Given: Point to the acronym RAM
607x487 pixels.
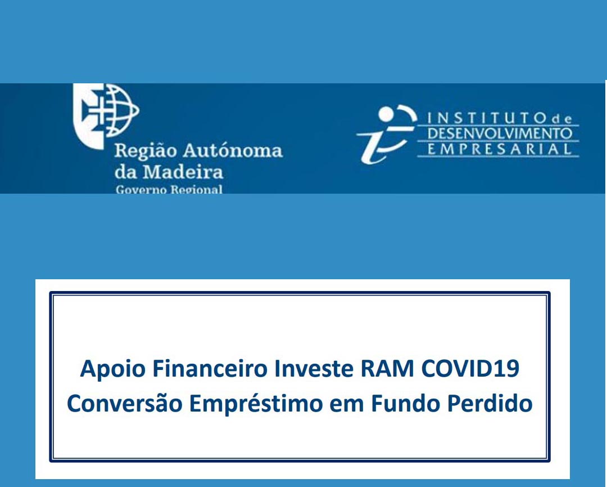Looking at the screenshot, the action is click(x=387, y=369).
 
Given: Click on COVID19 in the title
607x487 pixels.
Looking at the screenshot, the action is click(x=470, y=369).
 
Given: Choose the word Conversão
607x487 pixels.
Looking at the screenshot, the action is click(x=124, y=404).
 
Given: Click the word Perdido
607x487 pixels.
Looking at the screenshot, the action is click(x=490, y=404).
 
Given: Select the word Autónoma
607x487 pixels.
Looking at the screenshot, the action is click(x=233, y=150).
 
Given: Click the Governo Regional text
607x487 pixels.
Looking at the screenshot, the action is click(x=169, y=190).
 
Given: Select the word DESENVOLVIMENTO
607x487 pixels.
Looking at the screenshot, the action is click(x=500, y=134).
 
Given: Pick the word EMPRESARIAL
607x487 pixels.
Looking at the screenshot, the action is click(x=500, y=149).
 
